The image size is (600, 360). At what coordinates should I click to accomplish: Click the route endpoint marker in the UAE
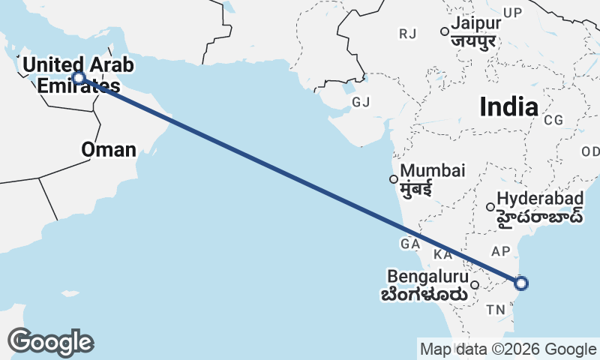(x=79, y=77)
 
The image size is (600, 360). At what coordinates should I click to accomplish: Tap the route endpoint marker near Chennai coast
(x=521, y=283)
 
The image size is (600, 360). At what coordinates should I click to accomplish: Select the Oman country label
(x=109, y=149)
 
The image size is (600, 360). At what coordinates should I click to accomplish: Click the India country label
(x=508, y=107)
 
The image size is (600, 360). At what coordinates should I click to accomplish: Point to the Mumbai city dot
(x=393, y=178)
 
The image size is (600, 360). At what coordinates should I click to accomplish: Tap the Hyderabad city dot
(x=490, y=207)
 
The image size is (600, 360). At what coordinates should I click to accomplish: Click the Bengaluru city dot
(x=475, y=285)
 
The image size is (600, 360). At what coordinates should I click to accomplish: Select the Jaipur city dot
(x=444, y=31)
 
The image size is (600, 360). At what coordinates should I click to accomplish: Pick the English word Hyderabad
(x=540, y=199)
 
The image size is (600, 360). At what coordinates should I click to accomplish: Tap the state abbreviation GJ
(x=361, y=102)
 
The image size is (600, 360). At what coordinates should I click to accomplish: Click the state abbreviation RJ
(x=408, y=34)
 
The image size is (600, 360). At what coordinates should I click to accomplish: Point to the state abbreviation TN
(x=496, y=310)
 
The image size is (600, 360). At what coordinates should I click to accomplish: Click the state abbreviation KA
(x=443, y=254)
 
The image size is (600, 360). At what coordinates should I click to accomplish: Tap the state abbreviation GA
(x=409, y=244)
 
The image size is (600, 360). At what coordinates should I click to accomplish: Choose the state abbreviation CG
(x=553, y=119)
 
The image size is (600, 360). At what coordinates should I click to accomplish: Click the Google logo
(x=50, y=342)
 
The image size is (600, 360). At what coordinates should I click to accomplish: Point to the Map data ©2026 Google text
(x=508, y=349)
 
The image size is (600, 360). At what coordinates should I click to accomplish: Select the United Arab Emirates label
(x=78, y=75)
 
